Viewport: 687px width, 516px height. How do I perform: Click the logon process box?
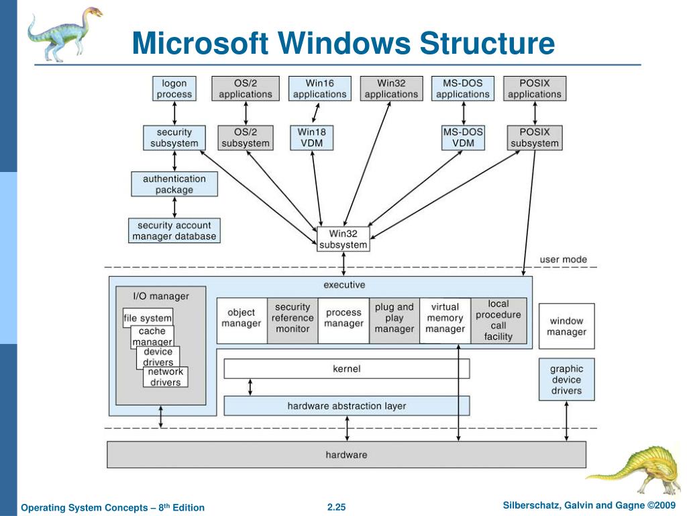point(174,89)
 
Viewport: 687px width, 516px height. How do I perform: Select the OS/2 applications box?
point(246,89)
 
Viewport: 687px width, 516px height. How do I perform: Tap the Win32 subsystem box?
point(343,239)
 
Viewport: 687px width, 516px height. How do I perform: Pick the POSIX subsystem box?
point(535,138)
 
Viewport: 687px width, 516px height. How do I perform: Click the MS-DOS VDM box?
point(463,138)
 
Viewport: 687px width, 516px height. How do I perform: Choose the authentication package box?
point(174,184)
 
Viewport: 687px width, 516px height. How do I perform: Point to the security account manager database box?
point(174,231)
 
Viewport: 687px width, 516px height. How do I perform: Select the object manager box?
point(242,320)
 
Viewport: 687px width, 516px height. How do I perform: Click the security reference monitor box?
point(293,320)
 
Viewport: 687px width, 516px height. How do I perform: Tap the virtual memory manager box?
point(445,320)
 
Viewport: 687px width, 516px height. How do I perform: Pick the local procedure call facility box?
point(498,320)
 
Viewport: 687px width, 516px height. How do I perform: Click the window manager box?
point(566,326)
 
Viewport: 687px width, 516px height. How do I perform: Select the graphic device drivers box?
point(566,380)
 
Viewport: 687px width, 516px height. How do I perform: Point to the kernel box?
point(347,369)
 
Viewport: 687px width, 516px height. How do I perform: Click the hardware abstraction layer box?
point(347,406)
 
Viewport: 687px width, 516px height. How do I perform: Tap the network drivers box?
point(165,377)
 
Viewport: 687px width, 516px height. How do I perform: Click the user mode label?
point(563,259)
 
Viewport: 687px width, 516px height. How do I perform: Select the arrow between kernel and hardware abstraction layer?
point(250,388)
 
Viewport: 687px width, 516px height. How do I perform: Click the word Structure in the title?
point(487,43)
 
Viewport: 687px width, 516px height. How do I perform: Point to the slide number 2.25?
point(337,507)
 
